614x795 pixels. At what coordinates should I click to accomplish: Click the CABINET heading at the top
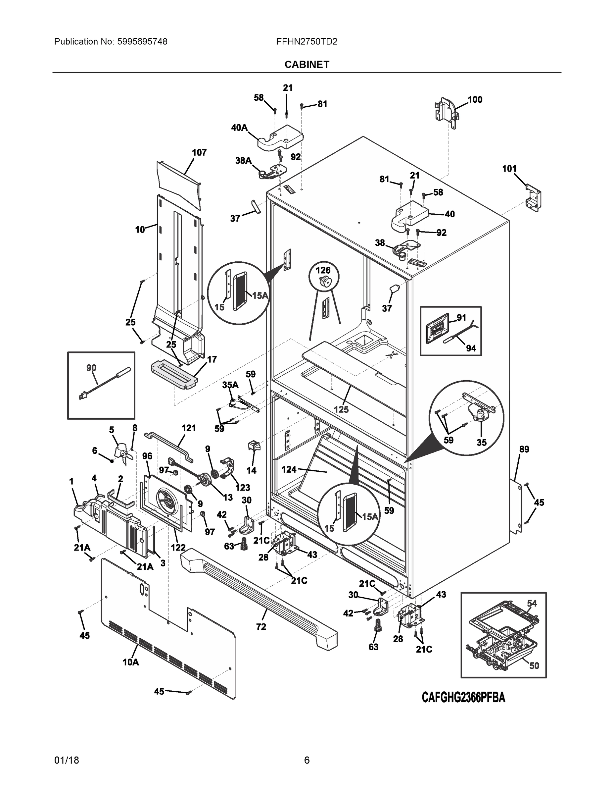click(x=307, y=65)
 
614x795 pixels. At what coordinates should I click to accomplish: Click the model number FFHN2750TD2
click(x=307, y=42)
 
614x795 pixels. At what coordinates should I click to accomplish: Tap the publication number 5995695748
click(x=142, y=42)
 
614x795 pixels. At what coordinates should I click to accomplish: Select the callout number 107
click(x=199, y=152)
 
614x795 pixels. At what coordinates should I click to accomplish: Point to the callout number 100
click(x=475, y=100)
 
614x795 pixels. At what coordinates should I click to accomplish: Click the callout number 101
click(x=509, y=169)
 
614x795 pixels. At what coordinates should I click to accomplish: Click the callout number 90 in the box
click(x=91, y=368)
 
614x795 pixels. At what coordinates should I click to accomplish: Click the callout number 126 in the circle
click(x=323, y=270)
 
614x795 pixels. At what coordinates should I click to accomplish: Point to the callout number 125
click(x=341, y=409)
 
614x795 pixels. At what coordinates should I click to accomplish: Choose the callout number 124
click(x=289, y=470)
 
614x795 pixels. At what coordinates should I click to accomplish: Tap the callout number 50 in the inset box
click(x=534, y=666)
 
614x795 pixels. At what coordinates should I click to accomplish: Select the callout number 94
click(x=471, y=348)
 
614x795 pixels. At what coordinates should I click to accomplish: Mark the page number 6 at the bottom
click(x=307, y=760)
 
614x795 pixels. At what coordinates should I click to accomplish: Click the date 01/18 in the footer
click(x=66, y=760)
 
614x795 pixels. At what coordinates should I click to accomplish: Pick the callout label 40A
click(x=239, y=128)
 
